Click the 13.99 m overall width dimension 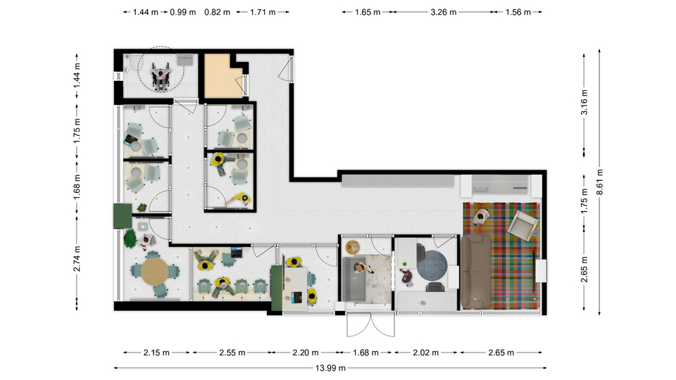pos(330,368)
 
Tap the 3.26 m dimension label pos(443,12)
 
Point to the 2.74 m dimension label pos(77,259)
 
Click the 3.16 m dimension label pos(584,103)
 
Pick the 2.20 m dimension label pos(305,353)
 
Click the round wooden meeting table pos(155,272)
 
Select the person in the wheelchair pos(161,77)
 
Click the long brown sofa pos(475,272)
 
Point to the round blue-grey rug pos(432,266)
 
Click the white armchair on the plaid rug pos(523,224)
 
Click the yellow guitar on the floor pos(237,199)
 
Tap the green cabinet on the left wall pos(123,216)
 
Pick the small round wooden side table pos(353,247)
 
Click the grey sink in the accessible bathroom pos(185,60)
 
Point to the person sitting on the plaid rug pos(481,217)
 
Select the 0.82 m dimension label pos(218,12)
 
